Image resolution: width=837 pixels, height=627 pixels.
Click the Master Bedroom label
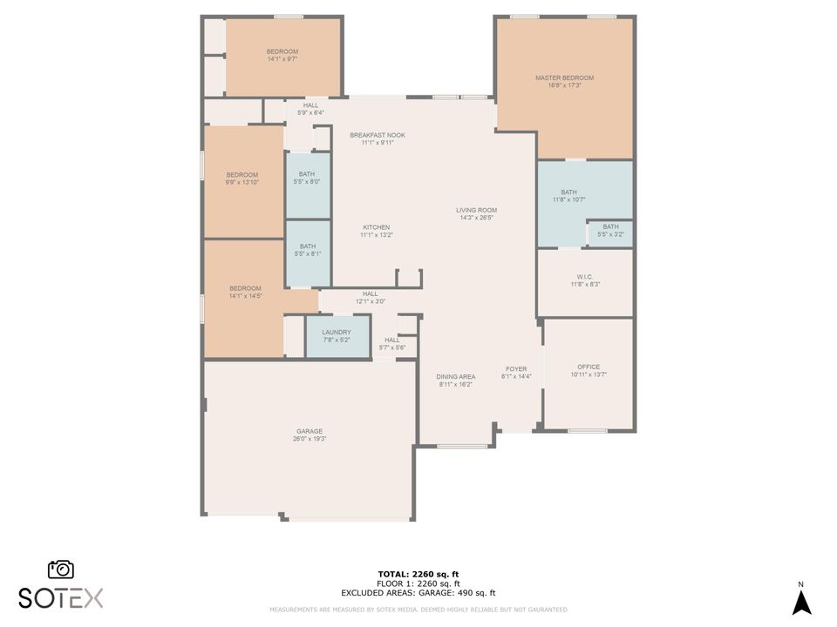pos(564,78)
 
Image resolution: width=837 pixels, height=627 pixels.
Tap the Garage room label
pos(310,431)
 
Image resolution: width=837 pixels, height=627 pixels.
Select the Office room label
pos(589,367)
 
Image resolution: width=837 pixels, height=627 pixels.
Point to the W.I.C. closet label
pos(585,277)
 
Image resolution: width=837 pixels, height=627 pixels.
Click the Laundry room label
pos(336,332)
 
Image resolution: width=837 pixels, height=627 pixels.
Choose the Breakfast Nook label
pos(377,135)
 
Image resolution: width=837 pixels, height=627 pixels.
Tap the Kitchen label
pos(376,227)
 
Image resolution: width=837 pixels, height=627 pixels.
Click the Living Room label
pos(476,210)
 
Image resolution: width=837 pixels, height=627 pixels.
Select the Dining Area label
pos(455,376)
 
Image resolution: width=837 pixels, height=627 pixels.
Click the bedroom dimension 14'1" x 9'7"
pos(282,59)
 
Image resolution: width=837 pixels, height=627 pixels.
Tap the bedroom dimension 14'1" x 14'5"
pos(245,296)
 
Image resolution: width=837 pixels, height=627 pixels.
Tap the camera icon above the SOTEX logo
pos(61,569)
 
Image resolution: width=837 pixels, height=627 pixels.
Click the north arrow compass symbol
pos(801,601)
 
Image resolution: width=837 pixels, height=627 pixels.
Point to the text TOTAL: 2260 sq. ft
pos(418,574)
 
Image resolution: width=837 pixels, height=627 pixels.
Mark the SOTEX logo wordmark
pos(61,597)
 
